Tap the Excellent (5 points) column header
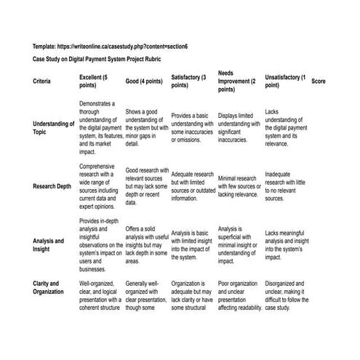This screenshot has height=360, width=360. tap(98, 81)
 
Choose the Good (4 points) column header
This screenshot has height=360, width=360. tap(144, 81)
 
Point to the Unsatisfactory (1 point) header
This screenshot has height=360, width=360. tap(285, 81)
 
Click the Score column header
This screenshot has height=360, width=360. tap(319, 81)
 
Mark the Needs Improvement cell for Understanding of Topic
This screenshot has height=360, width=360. tap(237, 124)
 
